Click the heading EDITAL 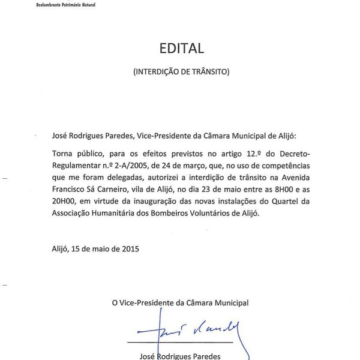point(182,47)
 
